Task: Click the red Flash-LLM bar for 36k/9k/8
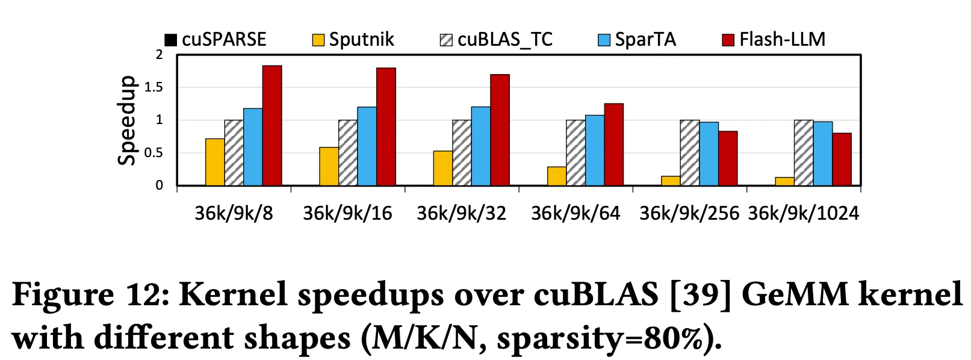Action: click(271, 126)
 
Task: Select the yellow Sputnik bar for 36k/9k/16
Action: click(329, 167)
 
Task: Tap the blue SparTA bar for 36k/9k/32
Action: click(481, 146)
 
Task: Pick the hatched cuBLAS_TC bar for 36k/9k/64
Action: click(575, 153)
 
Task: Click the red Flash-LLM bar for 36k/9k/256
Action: click(728, 158)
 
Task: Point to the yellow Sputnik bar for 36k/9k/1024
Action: click(784, 181)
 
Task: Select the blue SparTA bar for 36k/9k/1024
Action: click(823, 154)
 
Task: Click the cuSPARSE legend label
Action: click(224, 40)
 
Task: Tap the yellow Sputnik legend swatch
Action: click(318, 40)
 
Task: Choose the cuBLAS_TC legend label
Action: click(505, 40)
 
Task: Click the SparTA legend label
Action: click(645, 40)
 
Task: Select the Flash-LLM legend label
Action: click(782, 40)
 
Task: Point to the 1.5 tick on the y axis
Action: click(154, 87)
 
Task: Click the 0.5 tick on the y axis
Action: click(154, 153)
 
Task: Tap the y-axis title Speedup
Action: click(127, 120)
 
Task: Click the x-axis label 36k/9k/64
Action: click(575, 213)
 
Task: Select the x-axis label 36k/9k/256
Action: click(689, 213)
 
